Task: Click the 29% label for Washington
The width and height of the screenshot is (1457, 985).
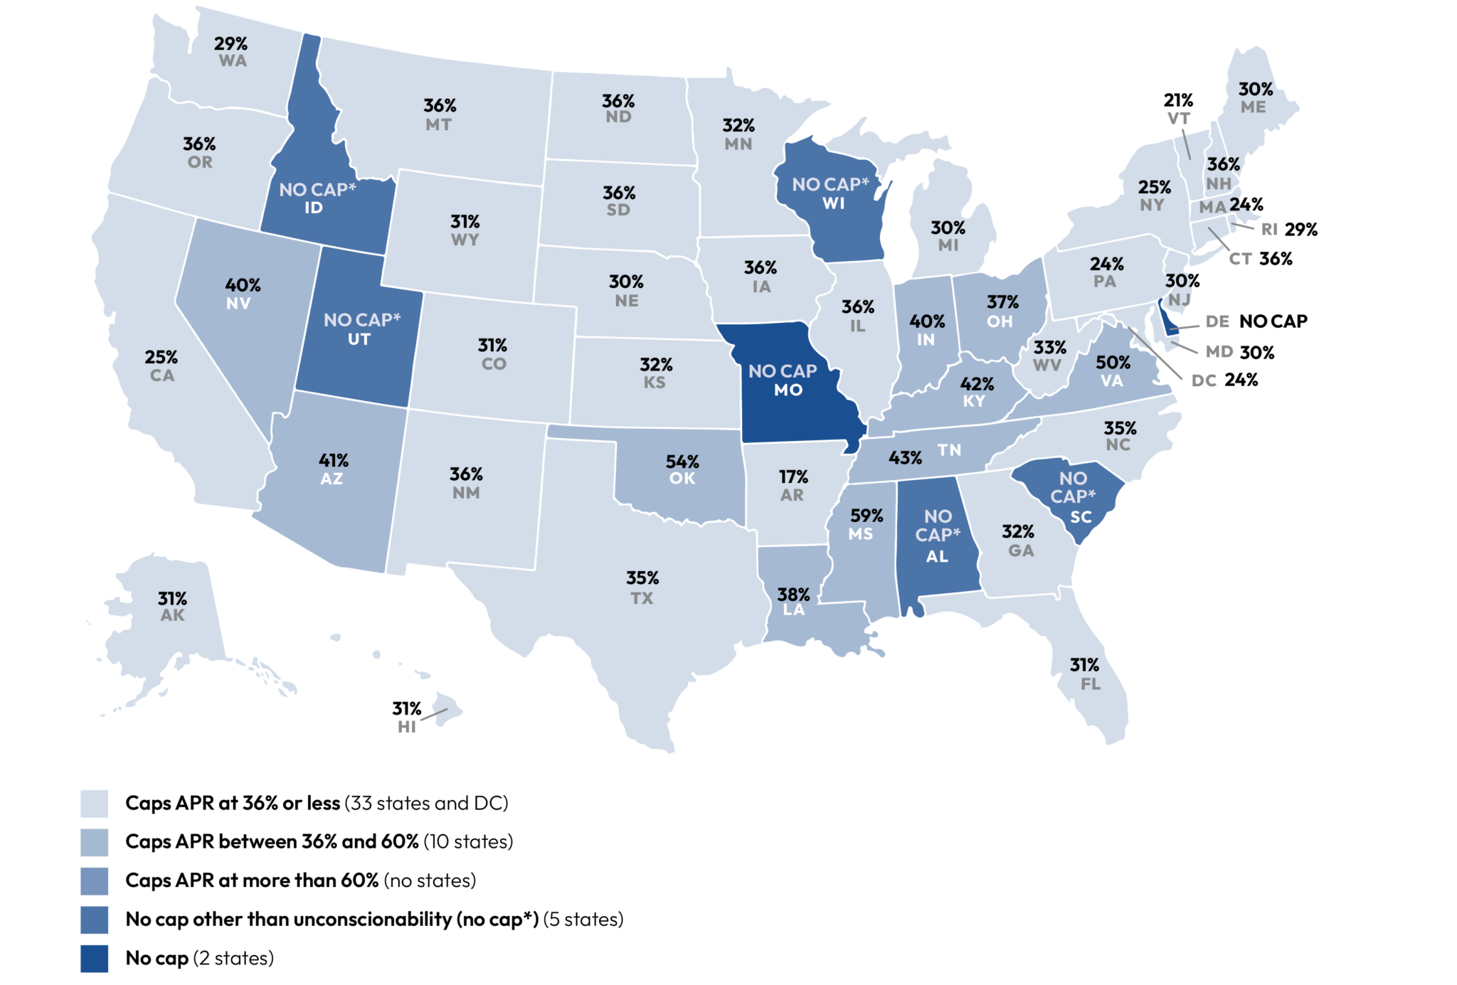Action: coord(231,44)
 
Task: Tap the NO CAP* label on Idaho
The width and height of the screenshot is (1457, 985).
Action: coord(317,190)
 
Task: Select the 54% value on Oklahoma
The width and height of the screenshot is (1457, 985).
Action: coord(682,462)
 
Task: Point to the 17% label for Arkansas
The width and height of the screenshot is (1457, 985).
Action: coord(793,476)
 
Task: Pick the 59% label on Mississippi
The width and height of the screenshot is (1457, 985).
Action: coord(867,516)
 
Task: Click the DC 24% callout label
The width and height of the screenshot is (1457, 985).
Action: coord(1224,380)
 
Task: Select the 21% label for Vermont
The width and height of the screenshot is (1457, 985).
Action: coord(1178,100)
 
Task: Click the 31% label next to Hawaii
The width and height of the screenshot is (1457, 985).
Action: coord(406,708)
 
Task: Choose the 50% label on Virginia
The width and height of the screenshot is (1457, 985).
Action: coord(1113,363)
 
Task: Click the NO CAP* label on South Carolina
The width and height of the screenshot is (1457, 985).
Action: coord(1073,487)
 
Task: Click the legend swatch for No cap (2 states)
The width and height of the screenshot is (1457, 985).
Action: coord(94,958)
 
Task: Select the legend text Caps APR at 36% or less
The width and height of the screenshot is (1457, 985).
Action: coord(233,803)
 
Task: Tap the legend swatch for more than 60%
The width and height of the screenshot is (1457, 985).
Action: coord(94,880)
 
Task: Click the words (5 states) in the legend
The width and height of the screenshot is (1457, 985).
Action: coord(583,919)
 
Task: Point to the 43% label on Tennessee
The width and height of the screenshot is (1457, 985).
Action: coord(905,457)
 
